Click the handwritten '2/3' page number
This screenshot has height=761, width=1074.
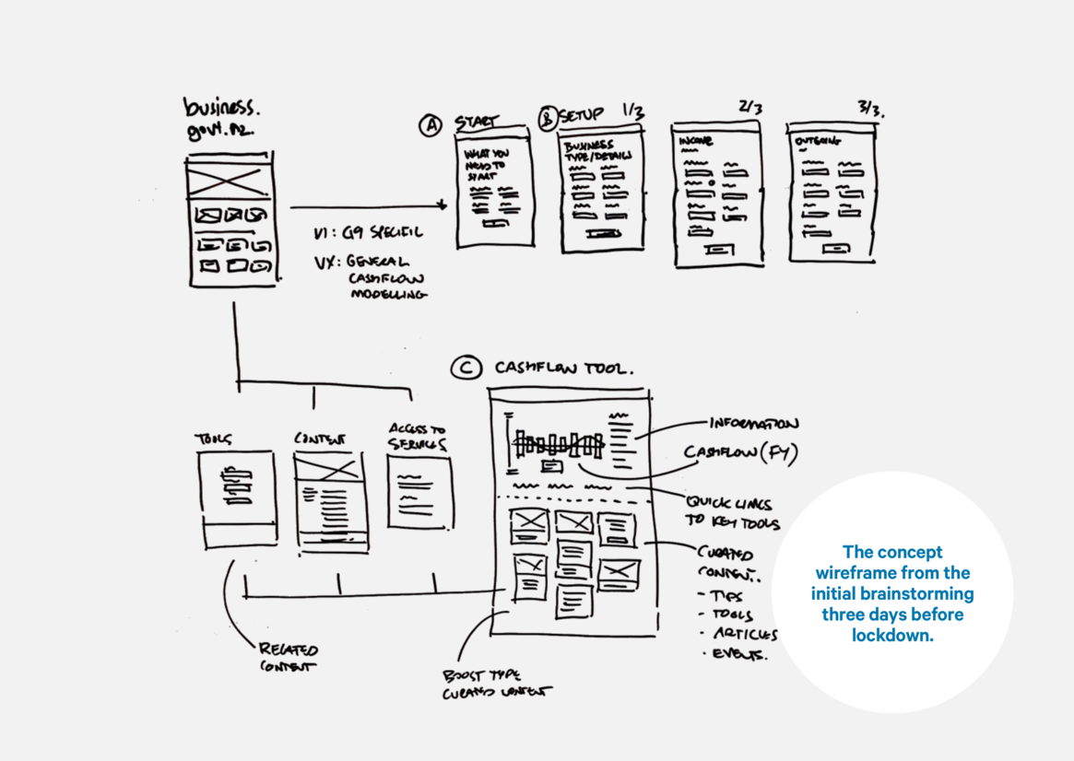coord(749,107)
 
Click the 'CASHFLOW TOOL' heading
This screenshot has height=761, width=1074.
coord(563,368)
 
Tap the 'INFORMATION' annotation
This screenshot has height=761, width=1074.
coord(753,424)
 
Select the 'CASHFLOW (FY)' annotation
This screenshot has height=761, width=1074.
coord(740,453)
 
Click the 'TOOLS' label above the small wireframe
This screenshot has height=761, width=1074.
coord(213,439)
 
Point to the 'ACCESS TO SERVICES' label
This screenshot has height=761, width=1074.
coord(417,437)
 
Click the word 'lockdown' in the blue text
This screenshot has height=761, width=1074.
coord(892,635)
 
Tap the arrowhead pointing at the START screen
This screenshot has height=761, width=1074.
coord(443,205)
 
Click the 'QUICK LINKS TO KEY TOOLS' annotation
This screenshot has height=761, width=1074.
coord(731,513)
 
